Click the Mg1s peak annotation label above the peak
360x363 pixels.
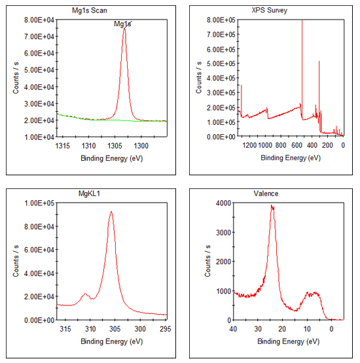point(122,24)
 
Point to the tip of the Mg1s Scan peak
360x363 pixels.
point(124,29)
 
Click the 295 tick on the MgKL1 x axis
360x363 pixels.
point(164,328)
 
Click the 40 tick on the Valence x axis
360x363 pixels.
point(234,328)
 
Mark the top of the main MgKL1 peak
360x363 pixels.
point(111,211)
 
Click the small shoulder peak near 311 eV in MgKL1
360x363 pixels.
point(85,294)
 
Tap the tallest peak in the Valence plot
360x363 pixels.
point(272,206)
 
